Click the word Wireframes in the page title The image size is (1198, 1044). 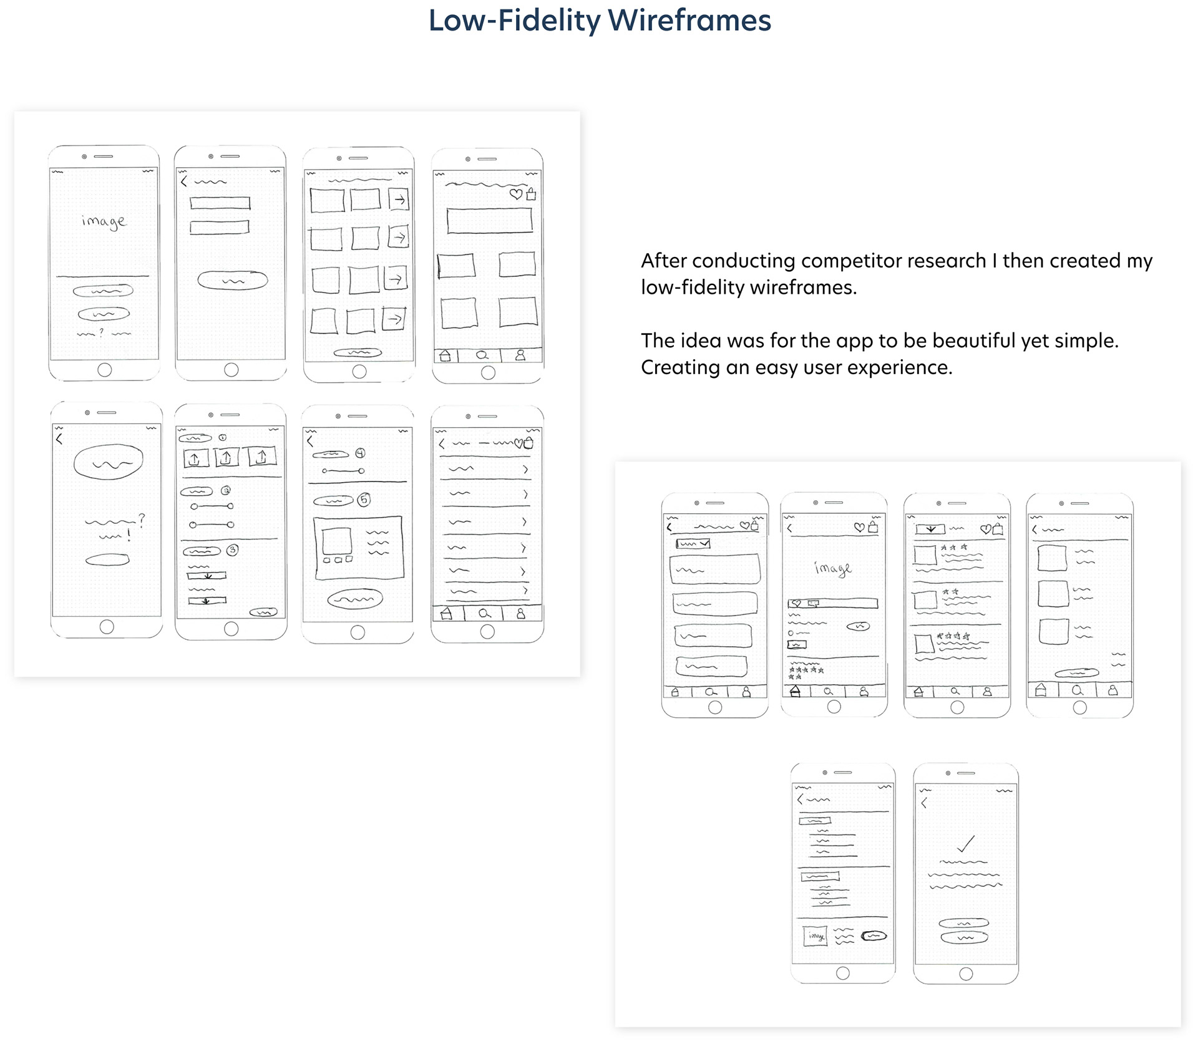(x=689, y=21)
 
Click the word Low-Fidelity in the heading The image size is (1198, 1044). (x=514, y=21)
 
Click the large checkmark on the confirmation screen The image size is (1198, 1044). (x=966, y=844)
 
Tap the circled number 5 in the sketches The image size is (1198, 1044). (x=364, y=500)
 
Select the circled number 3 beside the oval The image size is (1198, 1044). (x=232, y=550)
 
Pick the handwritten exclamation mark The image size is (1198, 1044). (x=129, y=535)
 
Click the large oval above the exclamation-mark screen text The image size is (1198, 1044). (x=109, y=462)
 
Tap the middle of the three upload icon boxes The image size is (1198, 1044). (x=226, y=458)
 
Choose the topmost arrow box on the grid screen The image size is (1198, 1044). (x=399, y=200)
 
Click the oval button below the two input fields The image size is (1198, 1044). (x=233, y=281)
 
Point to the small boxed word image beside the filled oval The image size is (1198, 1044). (x=816, y=935)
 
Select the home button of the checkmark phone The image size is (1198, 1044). (x=966, y=974)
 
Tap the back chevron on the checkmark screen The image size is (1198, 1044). (x=924, y=803)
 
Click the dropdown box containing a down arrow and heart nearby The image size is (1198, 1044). (x=930, y=529)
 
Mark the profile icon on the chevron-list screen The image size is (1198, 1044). (x=520, y=614)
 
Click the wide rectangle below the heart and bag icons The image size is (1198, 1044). (x=489, y=221)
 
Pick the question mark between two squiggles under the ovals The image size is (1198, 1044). (x=102, y=334)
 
